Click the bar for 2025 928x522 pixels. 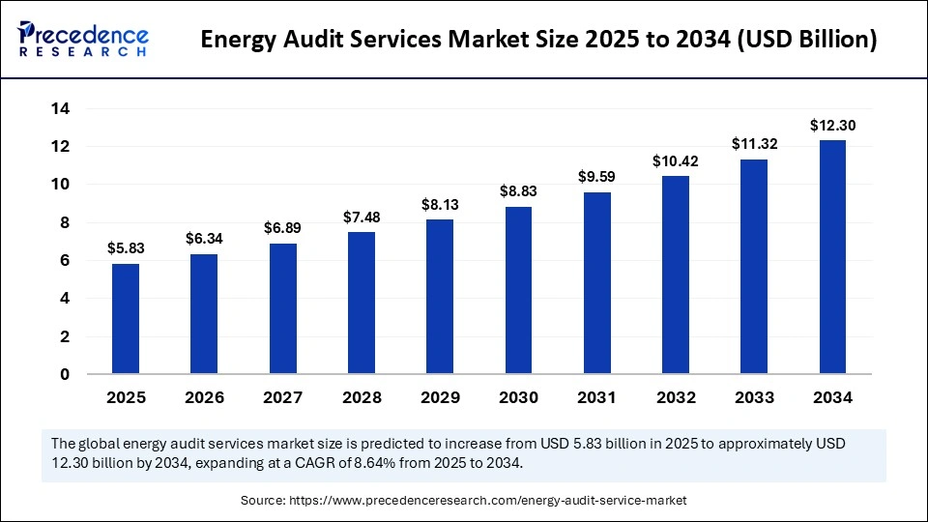tap(126, 319)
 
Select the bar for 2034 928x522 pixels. tap(832, 257)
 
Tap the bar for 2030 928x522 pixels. tap(518, 290)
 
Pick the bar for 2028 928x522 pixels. tap(361, 303)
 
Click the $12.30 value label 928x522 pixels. tap(832, 125)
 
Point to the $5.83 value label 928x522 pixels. tap(126, 248)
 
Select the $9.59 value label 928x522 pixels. tap(596, 177)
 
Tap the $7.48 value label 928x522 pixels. tap(361, 217)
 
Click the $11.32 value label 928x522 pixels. tap(754, 144)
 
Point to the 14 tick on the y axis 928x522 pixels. tap(60, 109)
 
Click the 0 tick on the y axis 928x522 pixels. tap(65, 375)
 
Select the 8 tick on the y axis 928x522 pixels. tap(65, 223)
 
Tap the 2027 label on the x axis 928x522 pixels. tap(282, 397)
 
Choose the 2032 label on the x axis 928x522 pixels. tap(676, 397)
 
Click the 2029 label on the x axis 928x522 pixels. tap(440, 397)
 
